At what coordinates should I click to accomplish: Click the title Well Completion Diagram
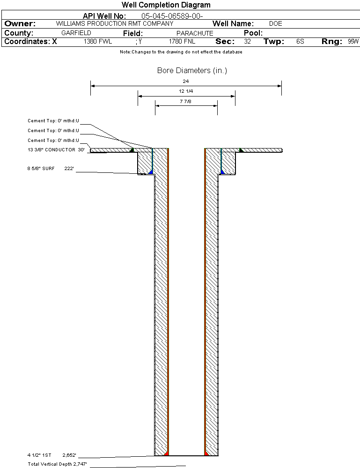point(166,5)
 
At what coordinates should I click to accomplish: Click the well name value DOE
point(276,23)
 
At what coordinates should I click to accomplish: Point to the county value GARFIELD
point(76,33)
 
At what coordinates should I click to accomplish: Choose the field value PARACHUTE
point(195,33)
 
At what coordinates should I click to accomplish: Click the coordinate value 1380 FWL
point(98,42)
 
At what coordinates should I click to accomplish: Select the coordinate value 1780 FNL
point(182,42)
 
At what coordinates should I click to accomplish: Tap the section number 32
point(247,42)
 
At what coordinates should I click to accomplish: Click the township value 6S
point(300,42)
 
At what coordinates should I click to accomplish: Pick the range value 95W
point(353,42)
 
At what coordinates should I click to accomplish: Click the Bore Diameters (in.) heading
point(192,71)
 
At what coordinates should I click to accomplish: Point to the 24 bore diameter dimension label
point(186,81)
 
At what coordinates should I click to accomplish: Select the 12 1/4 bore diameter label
point(186,91)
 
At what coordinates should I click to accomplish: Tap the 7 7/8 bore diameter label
point(186,101)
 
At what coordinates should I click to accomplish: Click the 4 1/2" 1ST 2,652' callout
point(51,455)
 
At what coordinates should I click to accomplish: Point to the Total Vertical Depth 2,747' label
point(57,464)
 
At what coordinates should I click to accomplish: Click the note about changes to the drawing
point(181,52)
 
